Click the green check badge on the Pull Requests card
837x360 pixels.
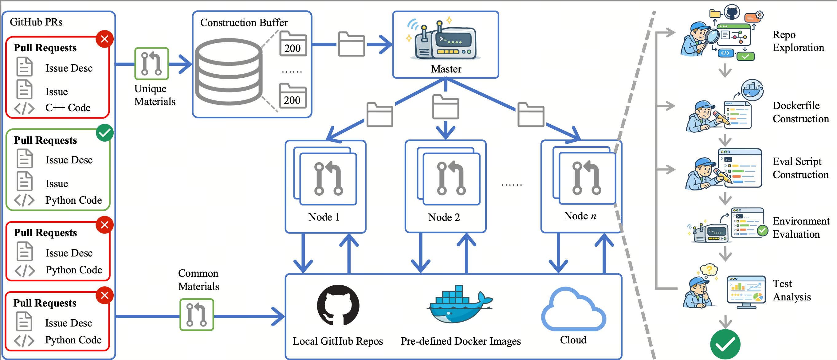(x=104, y=133)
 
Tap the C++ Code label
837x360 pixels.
(x=68, y=108)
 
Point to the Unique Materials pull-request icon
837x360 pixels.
(x=151, y=64)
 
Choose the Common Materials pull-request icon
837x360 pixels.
(x=197, y=315)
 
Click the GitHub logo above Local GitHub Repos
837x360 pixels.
(x=338, y=305)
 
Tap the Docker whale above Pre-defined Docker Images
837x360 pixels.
(x=460, y=305)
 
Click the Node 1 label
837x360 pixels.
(x=324, y=217)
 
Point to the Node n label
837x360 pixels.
(x=580, y=216)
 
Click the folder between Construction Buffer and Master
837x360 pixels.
(x=351, y=44)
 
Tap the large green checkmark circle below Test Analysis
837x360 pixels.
(x=725, y=344)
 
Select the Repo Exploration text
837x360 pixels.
(x=798, y=41)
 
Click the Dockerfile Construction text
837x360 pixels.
(x=800, y=112)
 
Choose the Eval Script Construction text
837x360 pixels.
(x=800, y=168)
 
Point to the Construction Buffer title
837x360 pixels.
(x=244, y=22)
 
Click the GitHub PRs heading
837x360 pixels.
(x=36, y=22)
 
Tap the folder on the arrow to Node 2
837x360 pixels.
(x=446, y=107)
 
